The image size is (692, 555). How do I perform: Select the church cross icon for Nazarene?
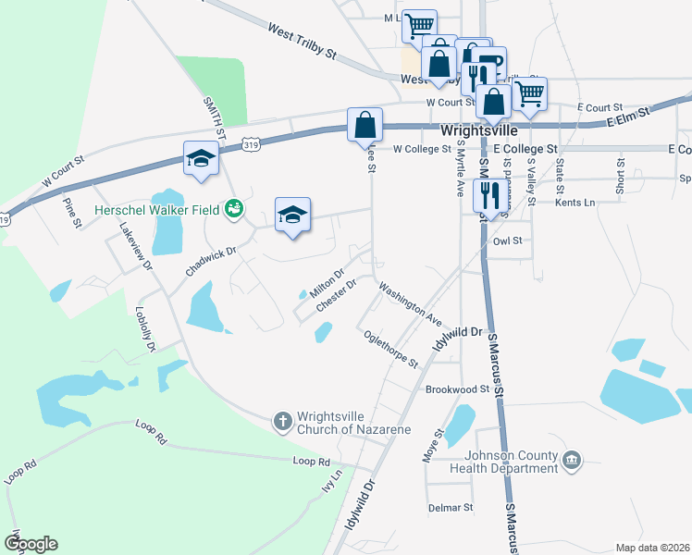pyautogui.click(x=283, y=421)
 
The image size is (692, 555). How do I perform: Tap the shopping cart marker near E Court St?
pyautogui.click(x=530, y=92)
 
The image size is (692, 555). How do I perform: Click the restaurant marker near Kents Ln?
pyautogui.click(x=487, y=195)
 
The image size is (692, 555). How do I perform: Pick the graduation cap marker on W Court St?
pyautogui.click(x=200, y=158)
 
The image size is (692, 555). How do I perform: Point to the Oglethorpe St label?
pyautogui.click(x=391, y=350)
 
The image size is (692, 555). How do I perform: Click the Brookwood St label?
pyautogui.click(x=457, y=389)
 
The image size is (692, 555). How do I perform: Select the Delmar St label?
pyautogui.click(x=451, y=508)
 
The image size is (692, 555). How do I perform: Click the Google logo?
pyautogui.click(x=31, y=543)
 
